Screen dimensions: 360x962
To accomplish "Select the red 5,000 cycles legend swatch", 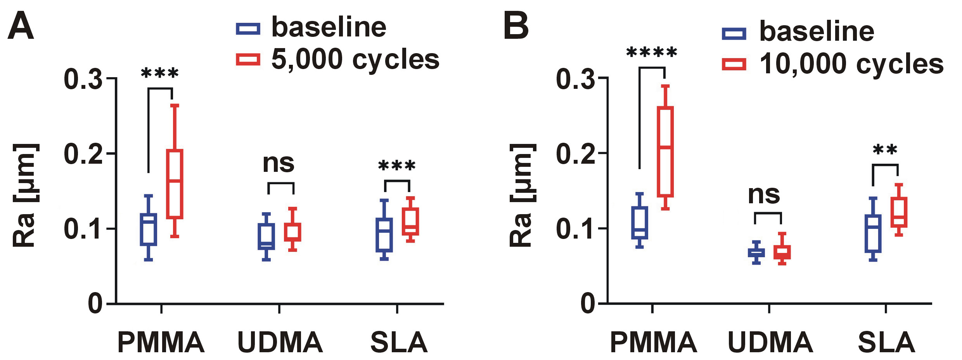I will (x=248, y=59).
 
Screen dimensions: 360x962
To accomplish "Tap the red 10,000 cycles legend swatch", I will (x=734, y=64).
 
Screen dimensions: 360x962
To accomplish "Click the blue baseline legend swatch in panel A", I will (x=248, y=28).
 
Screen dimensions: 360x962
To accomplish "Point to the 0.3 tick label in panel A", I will (x=83, y=79).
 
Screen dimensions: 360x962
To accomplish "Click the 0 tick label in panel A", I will (x=95, y=303).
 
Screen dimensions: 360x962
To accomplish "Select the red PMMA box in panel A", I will (x=175, y=184).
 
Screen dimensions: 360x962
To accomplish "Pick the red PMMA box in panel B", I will (x=665, y=152).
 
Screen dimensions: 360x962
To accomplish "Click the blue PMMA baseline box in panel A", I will (x=148, y=229).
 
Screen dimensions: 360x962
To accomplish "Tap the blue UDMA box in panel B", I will (x=756, y=253).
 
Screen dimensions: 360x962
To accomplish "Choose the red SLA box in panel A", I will (x=410, y=221).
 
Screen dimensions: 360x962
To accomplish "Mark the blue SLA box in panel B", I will (x=873, y=233).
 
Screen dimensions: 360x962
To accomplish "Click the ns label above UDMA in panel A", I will (x=278, y=163).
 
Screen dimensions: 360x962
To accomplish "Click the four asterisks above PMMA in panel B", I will (x=652, y=52).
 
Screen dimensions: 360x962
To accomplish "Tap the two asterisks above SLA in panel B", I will (x=885, y=150).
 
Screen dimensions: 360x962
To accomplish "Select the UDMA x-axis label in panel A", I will (x=280, y=342).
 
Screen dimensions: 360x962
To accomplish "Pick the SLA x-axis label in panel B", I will (x=886, y=342).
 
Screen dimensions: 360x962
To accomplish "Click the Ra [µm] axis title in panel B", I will (x=522, y=195).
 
